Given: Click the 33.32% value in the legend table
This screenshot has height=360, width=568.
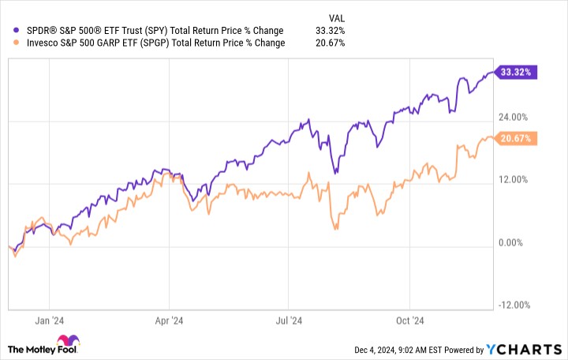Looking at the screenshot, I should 329,30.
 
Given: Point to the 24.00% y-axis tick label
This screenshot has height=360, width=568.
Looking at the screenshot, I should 513,117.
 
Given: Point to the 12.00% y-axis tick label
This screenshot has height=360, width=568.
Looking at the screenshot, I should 513,180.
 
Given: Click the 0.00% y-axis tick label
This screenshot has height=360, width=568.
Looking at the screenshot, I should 514,243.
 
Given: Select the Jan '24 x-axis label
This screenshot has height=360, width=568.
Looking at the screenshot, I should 49,321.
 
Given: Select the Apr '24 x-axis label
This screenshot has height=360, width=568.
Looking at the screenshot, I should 169,321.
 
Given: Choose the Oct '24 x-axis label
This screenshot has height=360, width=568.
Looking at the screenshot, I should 409,321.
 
